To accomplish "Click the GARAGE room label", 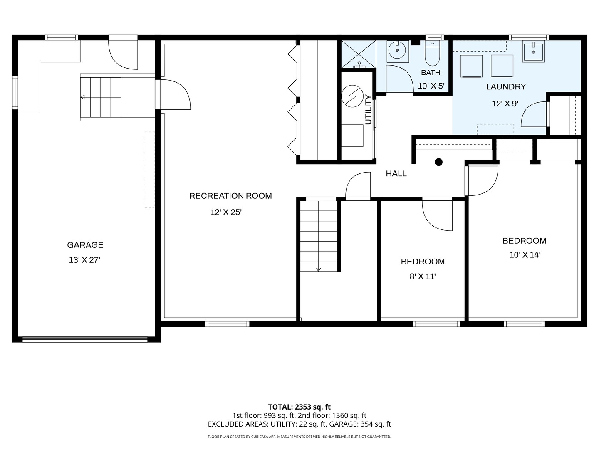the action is [x=85, y=245].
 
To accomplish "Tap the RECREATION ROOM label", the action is [x=230, y=196].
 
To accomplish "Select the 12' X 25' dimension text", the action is [x=226, y=212].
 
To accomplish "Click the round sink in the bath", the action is [x=397, y=50].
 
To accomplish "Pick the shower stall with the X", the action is [x=358, y=54].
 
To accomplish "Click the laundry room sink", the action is [x=533, y=51].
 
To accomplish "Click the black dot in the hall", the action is [x=438, y=162].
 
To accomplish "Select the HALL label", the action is [x=396, y=173].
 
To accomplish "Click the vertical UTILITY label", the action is [x=368, y=110].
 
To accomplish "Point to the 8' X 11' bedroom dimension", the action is [x=423, y=277].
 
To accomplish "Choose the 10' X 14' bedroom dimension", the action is [x=525, y=255].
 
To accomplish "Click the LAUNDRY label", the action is [x=506, y=87].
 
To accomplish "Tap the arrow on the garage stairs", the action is [x=83, y=97].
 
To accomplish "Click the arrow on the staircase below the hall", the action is [x=318, y=270].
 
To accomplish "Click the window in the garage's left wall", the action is [x=15, y=93].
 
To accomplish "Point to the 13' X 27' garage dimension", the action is [x=84, y=260].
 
